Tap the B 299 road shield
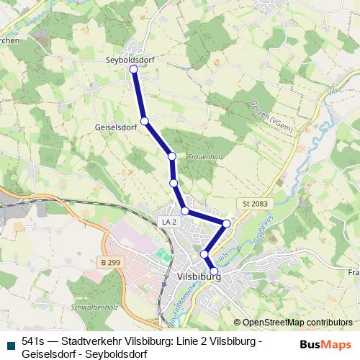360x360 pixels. [111, 264]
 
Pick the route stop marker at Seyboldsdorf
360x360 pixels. [133, 69]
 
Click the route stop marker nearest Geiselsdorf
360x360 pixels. [145, 121]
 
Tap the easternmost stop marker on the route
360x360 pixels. [227, 224]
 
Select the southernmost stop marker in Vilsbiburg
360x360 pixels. [214, 271]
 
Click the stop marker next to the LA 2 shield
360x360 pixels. [185, 211]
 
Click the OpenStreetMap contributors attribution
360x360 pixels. [292, 322]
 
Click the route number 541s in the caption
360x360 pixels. [33, 343]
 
